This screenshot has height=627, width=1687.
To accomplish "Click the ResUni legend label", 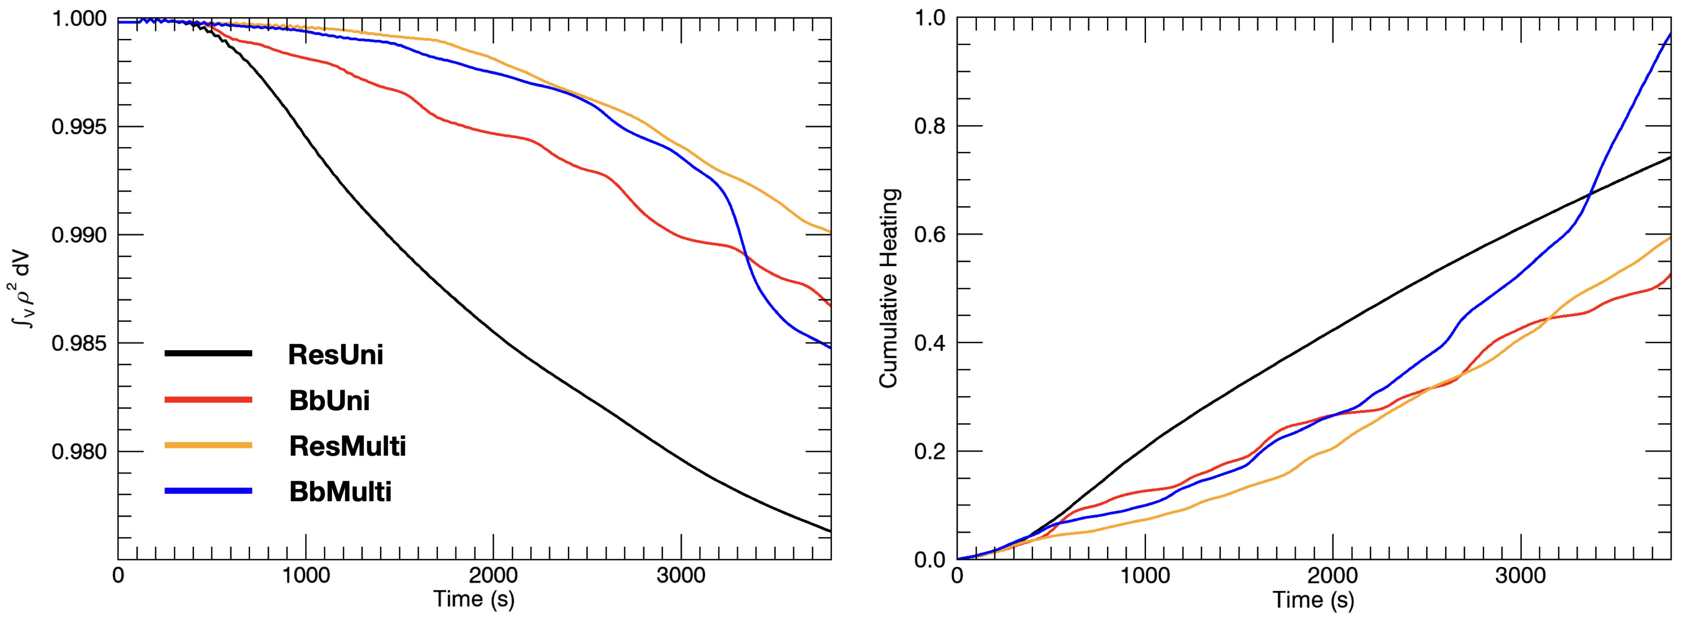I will (335, 355).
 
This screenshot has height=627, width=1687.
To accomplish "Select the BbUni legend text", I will (330, 401).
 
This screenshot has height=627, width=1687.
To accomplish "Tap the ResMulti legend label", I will (347, 446).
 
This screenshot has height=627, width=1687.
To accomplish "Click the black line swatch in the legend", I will (208, 353).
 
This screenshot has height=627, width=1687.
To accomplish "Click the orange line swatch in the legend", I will (208, 445).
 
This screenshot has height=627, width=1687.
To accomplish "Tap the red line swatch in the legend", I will (208, 399).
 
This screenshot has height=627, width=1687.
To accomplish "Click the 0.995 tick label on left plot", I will (78, 127).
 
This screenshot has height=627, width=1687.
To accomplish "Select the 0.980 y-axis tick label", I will (78, 452).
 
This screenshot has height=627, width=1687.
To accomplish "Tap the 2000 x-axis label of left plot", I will (492, 576).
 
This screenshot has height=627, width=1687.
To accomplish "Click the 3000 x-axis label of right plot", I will (1520, 576).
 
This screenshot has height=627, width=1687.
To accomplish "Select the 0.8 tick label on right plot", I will (930, 127).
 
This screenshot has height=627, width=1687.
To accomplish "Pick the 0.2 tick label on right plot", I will (930, 452).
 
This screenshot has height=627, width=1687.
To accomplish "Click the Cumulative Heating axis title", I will (889, 288).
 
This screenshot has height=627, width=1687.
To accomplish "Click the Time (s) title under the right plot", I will (1313, 600).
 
